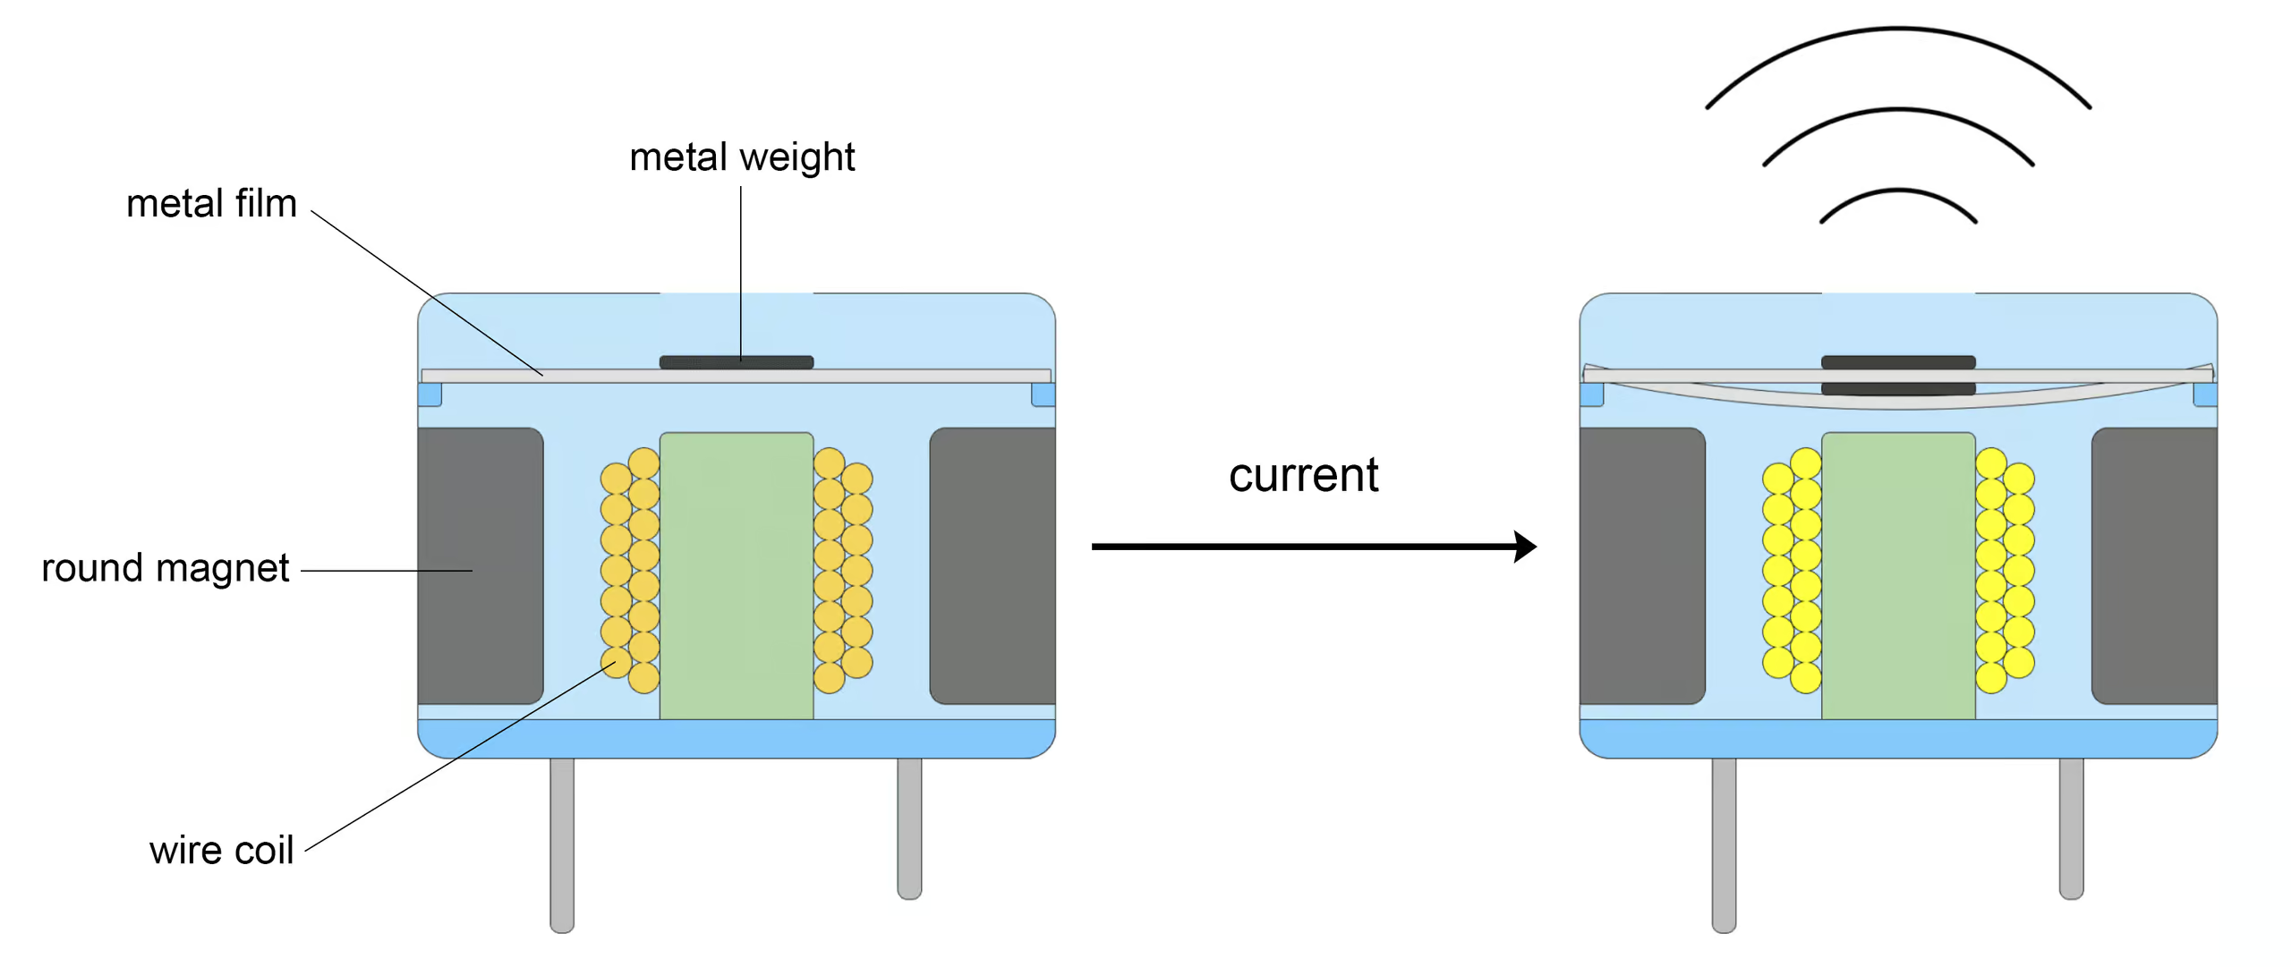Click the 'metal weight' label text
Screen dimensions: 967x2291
(x=742, y=157)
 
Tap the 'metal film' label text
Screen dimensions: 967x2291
(x=211, y=204)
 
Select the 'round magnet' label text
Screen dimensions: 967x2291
(x=166, y=568)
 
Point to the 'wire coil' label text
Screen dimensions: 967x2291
(x=221, y=850)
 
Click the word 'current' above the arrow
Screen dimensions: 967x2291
(x=1303, y=475)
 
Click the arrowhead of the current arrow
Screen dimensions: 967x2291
(x=1525, y=546)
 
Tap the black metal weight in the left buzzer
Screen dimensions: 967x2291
(x=736, y=362)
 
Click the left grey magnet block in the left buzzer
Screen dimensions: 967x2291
(x=481, y=565)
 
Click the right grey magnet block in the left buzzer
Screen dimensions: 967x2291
(x=992, y=565)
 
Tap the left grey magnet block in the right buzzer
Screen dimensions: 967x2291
(x=1642, y=565)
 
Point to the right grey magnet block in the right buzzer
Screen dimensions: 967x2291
(x=2154, y=565)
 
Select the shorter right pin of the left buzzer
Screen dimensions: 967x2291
(x=909, y=827)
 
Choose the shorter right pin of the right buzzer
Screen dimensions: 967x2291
(x=2071, y=827)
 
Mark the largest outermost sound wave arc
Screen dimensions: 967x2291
(x=1898, y=30)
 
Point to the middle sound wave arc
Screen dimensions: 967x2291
(x=1898, y=111)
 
